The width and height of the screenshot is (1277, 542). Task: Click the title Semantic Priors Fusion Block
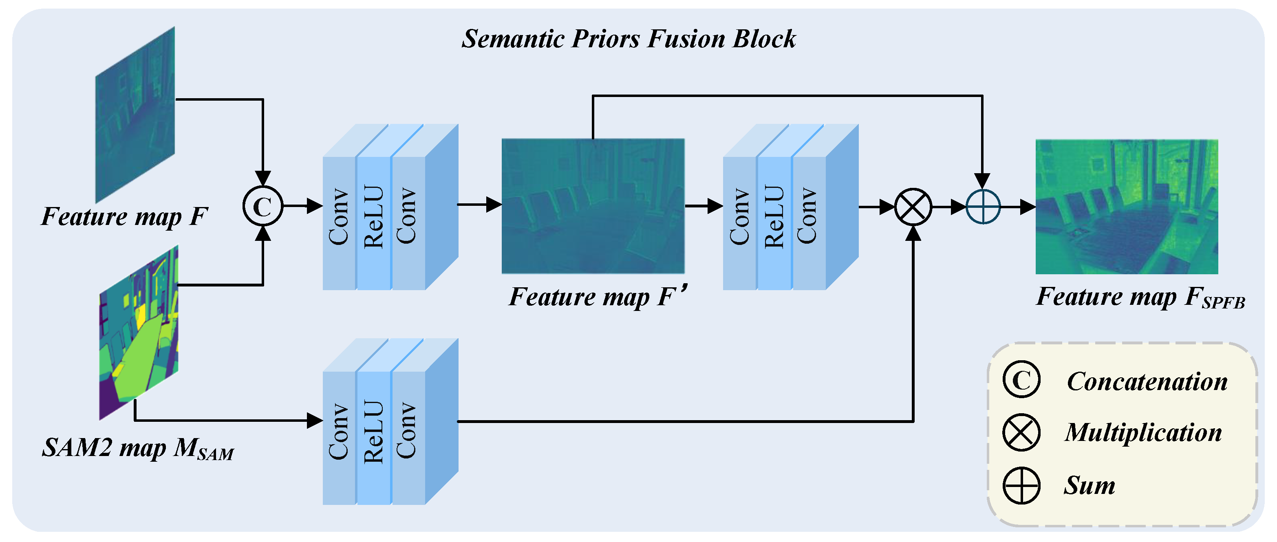tap(628, 39)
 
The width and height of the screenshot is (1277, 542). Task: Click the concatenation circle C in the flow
tap(263, 206)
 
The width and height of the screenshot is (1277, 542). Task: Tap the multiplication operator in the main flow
tap(913, 207)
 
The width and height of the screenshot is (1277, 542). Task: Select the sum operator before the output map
tap(983, 207)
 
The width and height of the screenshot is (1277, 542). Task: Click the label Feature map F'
tap(598, 297)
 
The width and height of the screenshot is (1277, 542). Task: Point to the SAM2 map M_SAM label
tap(137, 448)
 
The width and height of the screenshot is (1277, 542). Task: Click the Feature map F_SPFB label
tap(1140, 297)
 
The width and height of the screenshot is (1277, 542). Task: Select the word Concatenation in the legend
tap(1147, 381)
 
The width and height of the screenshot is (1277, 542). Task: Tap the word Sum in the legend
tap(1089, 485)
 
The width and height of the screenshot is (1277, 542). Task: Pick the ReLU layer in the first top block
tap(373, 217)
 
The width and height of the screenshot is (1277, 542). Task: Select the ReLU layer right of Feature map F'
tap(774, 217)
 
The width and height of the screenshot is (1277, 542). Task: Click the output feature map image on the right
tap(1126, 207)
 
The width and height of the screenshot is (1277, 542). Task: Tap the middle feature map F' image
tap(593, 206)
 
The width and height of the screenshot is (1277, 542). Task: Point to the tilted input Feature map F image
tap(135, 115)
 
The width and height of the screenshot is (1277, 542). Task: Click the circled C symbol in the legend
tap(1021, 380)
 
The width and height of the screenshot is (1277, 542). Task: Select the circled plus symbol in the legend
tap(1021, 485)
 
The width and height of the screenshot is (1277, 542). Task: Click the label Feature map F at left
tap(124, 216)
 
